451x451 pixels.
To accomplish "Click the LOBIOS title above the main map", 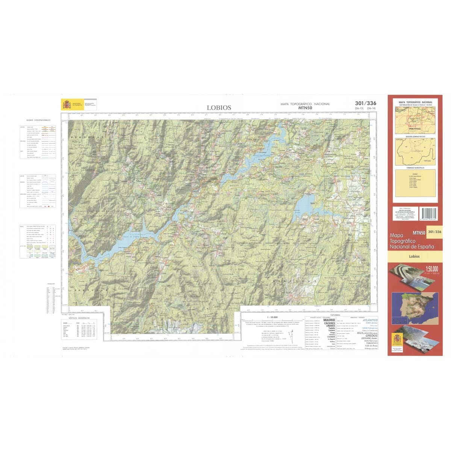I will click(x=219, y=107).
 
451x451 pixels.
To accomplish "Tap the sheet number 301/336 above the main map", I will click(x=365, y=103).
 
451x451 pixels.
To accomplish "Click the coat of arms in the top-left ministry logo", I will click(x=67, y=104).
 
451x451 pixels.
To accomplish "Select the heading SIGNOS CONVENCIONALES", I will click(x=38, y=120).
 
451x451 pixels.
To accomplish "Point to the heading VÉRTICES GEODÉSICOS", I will click(x=77, y=318).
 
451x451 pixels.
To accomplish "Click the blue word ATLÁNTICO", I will click(x=370, y=320).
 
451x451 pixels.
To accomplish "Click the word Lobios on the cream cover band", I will click(x=415, y=256).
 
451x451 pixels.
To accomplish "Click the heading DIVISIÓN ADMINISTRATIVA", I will click(x=415, y=136).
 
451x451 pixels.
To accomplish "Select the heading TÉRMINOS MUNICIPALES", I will click(x=415, y=168).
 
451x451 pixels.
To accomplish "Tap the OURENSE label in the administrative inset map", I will click(x=415, y=151).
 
